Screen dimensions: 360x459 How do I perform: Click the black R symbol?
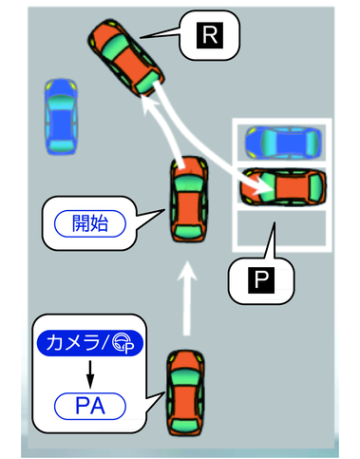(210, 35)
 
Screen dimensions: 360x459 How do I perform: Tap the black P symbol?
(261, 280)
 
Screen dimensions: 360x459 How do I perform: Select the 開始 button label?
(90, 223)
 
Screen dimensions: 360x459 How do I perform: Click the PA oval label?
(90, 406)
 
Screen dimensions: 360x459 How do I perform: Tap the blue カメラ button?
(90, 343)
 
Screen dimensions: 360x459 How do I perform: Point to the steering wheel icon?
(123, 343)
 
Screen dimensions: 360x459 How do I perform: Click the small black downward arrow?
(90, 374)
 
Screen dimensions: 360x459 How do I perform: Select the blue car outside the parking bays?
(61, 117)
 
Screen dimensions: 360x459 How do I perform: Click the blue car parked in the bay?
(283, 143)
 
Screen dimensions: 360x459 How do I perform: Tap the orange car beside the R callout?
(126, 58)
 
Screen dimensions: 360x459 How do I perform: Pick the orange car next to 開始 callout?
(189, 200)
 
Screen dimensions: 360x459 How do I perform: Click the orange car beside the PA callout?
(186, 392)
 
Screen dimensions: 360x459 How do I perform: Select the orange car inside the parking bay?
(283, 187)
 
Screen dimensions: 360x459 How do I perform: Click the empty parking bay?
(282, 228)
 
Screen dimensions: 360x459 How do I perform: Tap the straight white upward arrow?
(187, 297)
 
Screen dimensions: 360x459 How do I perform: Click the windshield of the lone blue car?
(60, 101)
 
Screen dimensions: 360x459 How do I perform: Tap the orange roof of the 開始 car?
(189, 207)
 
